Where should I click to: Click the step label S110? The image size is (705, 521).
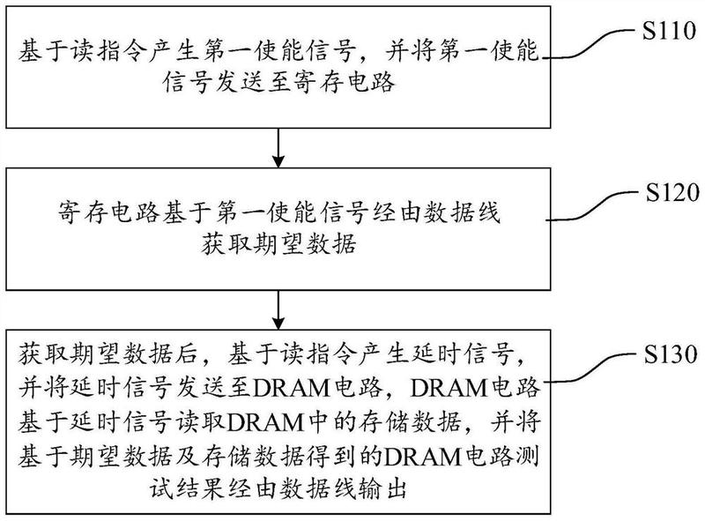coord(669,31)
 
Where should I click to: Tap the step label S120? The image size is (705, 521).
coord(672,192)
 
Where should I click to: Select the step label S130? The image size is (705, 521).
coord(671,354)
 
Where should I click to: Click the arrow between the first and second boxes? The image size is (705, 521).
coord(278,148)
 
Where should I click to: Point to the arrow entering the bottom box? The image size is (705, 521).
coord(278,310)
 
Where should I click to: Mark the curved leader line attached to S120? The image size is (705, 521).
coord(594,206)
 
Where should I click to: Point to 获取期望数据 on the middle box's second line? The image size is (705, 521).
coord(278,245)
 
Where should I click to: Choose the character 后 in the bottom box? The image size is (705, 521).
coord(185,354)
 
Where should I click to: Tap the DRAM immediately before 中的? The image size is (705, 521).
coord(266,422)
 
